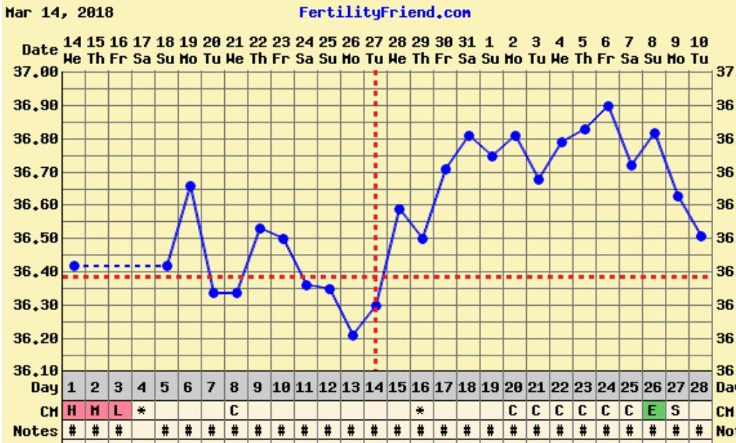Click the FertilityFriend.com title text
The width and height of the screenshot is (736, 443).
pyautogui.click(x=384, y=13)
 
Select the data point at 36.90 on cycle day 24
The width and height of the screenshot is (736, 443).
pyautogui.click(x=608, y=106)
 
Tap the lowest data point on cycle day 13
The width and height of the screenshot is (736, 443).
pyautogui.click(x=352, y=335)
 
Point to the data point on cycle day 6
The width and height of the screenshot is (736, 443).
pyautogui.click(x=190, y=186)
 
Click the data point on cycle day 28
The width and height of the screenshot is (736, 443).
pyautogui.click(x=701, y=236)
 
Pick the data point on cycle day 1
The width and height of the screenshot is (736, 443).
pyautogui.click(x=74, y=266)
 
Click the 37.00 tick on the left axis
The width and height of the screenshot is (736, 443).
pyautogui.click(x=35, y=72)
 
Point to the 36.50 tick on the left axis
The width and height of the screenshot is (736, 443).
pyautogui.click(x=35, y=238)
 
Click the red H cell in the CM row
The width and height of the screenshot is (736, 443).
pyautogui.click(x=73, y=411)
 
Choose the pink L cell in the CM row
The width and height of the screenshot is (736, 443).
pyautogui.click(x=118, y=411)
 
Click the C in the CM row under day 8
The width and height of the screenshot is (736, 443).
pyautogui.click(x=234, y=411)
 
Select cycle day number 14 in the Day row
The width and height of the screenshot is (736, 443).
pyautogui.click(x=374, y=389)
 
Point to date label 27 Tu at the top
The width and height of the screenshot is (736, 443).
pyautogui.click(x=374, y=51)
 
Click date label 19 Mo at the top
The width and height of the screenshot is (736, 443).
pyautogui.click(x=189, y=51)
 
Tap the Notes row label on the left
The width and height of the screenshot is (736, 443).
pyautogui.click(x=35, y=431)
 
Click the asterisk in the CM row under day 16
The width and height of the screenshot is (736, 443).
pyautogui.click(x=420, y=411)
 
